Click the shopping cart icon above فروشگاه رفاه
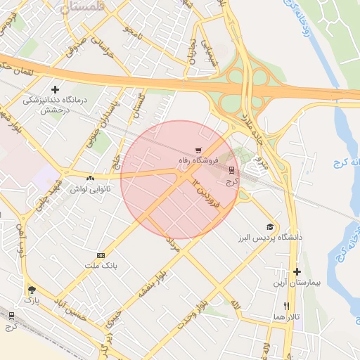(x=200, y=150)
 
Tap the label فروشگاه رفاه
(x=198, y=160)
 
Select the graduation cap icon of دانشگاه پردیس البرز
(x=269, y=226)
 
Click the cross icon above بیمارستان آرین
(x=297, y=271)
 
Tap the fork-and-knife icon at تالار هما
(x=286, y=306)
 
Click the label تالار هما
(x=287, y=317)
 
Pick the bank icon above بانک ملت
(x=101, y=255)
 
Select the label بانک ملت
(x=100, y=266)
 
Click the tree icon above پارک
(x=31, y=289)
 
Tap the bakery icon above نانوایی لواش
(x=90, y=177)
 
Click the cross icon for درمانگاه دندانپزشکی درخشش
(x=55, y=89)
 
